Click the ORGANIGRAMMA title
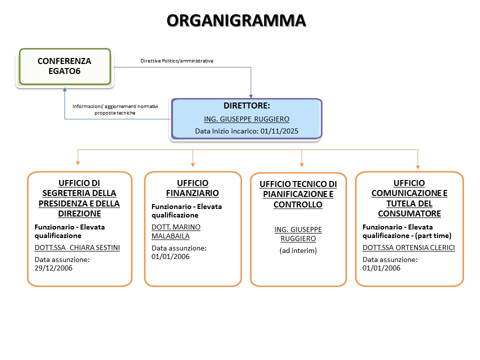coord(235,20)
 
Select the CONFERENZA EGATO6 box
coord(64,66)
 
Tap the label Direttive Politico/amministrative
coord(177,61)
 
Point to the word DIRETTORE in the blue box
coord(246,106)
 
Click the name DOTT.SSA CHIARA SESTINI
coord(77,247)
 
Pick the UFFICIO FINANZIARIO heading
coord(192,188)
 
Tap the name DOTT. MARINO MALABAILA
coord(176,232)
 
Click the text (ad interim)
coord(298,250)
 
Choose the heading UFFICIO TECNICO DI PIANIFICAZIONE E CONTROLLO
coord(298,194)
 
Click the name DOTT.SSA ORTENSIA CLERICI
coord(408,247)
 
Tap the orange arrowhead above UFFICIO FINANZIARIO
coord(193,164)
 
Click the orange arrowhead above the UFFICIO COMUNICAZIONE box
coord(417,167)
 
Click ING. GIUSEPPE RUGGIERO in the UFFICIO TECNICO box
coord(298,234)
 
